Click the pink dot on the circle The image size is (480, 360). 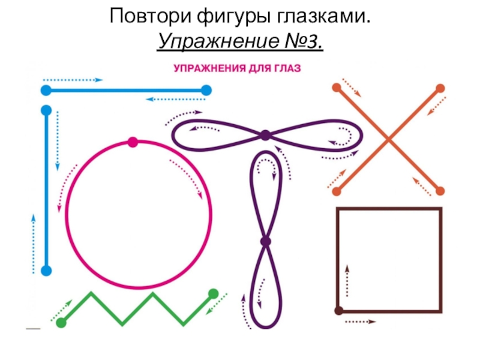click(133, 142)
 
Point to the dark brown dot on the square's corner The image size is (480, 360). click(338, 310)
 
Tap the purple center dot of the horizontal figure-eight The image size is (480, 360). click(265, 135)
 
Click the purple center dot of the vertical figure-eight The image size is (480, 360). click(265, 242)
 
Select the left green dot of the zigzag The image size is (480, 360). click(61, 323)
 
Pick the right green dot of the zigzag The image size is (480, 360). click(213, 293)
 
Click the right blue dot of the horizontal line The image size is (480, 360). click(206, 91)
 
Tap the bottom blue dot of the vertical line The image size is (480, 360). click(46, 271)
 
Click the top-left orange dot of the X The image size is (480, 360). click(336, 88)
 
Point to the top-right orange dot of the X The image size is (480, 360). click(440, 88)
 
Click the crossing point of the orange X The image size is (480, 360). click(388, 140)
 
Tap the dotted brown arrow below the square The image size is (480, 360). click(360, 322)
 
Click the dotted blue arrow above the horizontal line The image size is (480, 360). click(73, 79)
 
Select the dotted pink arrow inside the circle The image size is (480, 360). click(186, 177)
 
